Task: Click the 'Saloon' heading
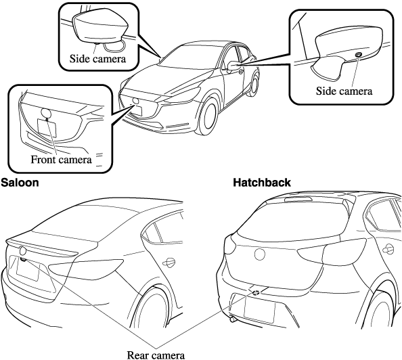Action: [20, 183]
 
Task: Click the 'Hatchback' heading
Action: [262, 183]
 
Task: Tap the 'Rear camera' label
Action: [156, 355]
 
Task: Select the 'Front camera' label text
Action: [62, 160]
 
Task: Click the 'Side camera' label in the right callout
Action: [344, 91]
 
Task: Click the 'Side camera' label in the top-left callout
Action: [97, 59]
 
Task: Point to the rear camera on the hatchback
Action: [256, 292]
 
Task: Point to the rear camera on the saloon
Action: [23, 260]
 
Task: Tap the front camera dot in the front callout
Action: [47, 119]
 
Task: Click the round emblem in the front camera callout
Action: [46, 113]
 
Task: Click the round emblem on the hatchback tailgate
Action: [259, 254]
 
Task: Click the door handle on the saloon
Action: [169, 262]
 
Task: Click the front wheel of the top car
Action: [209, 116]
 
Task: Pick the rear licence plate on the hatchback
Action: [260, 310]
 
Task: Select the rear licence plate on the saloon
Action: [28, 270]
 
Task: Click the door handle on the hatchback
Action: [388, 249]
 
